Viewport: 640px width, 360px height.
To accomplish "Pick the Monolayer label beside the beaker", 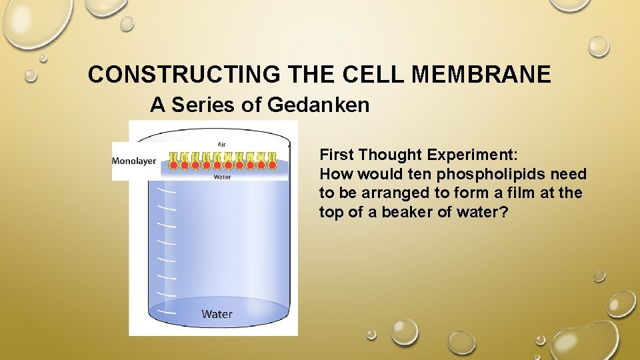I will coord(134,161).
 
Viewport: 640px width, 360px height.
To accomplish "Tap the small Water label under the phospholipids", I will coord(223,177).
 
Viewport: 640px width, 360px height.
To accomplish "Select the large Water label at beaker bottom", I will coord(217,313).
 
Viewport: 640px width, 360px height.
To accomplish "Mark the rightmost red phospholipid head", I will coord(272,164).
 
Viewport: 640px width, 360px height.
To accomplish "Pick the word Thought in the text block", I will coord(389,155).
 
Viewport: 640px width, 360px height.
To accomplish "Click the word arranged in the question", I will coord(373,194).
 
